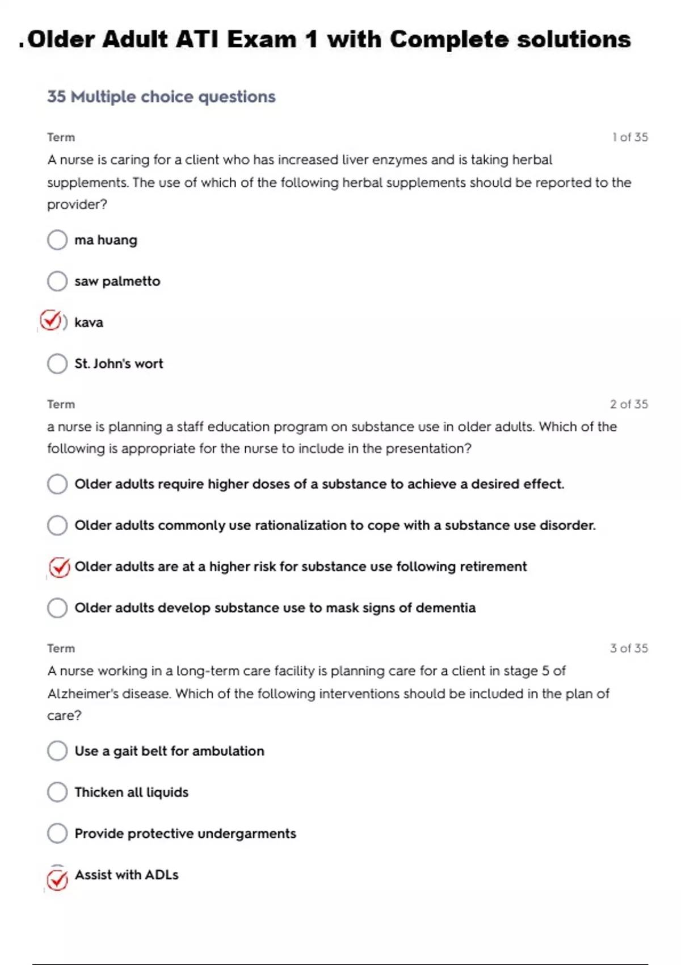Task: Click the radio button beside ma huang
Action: (x=57, y=240)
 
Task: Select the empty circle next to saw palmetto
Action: (x=57, y=281)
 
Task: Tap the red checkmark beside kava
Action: (x=51, y=321)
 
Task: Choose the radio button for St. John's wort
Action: (x=57, y=363)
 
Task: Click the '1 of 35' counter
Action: (x=630, y=137)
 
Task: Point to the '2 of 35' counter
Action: (x=629, y=404)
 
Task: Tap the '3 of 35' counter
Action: (x=629, y=648)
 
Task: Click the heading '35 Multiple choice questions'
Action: (x=161, y=97)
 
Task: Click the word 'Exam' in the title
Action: (x=262, y=40)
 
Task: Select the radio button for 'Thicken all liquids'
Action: (x=57, y=792)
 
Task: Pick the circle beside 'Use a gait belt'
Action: (x=57, y=750)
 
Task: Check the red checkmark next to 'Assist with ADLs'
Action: (x=57, y=879)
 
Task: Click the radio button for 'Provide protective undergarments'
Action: (x=57, y=833)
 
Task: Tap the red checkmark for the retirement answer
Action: (x=59, y=567)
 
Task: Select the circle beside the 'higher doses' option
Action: (x=57, y=484)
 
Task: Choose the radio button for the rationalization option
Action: (x=57, y=525)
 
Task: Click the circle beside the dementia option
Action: (x=57, y=607)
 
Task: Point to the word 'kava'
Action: (x=89, y=322)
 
